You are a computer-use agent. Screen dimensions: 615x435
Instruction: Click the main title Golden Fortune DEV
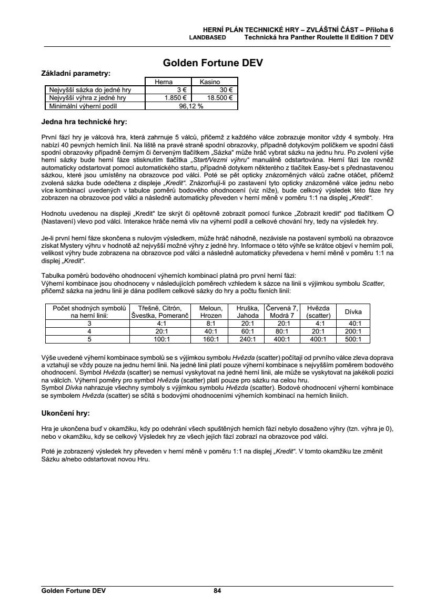(213, 63)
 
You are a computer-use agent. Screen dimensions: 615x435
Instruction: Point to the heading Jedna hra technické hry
(84, 122)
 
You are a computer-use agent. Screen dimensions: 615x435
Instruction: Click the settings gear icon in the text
(390, 213)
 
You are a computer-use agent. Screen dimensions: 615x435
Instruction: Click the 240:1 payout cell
(247, 339)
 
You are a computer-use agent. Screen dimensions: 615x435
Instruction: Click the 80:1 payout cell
(282, 331)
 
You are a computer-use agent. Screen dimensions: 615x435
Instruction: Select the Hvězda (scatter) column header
(318, 311)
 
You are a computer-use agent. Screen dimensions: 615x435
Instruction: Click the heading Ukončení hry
(66, 412)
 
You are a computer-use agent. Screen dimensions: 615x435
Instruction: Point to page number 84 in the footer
(217, 591)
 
